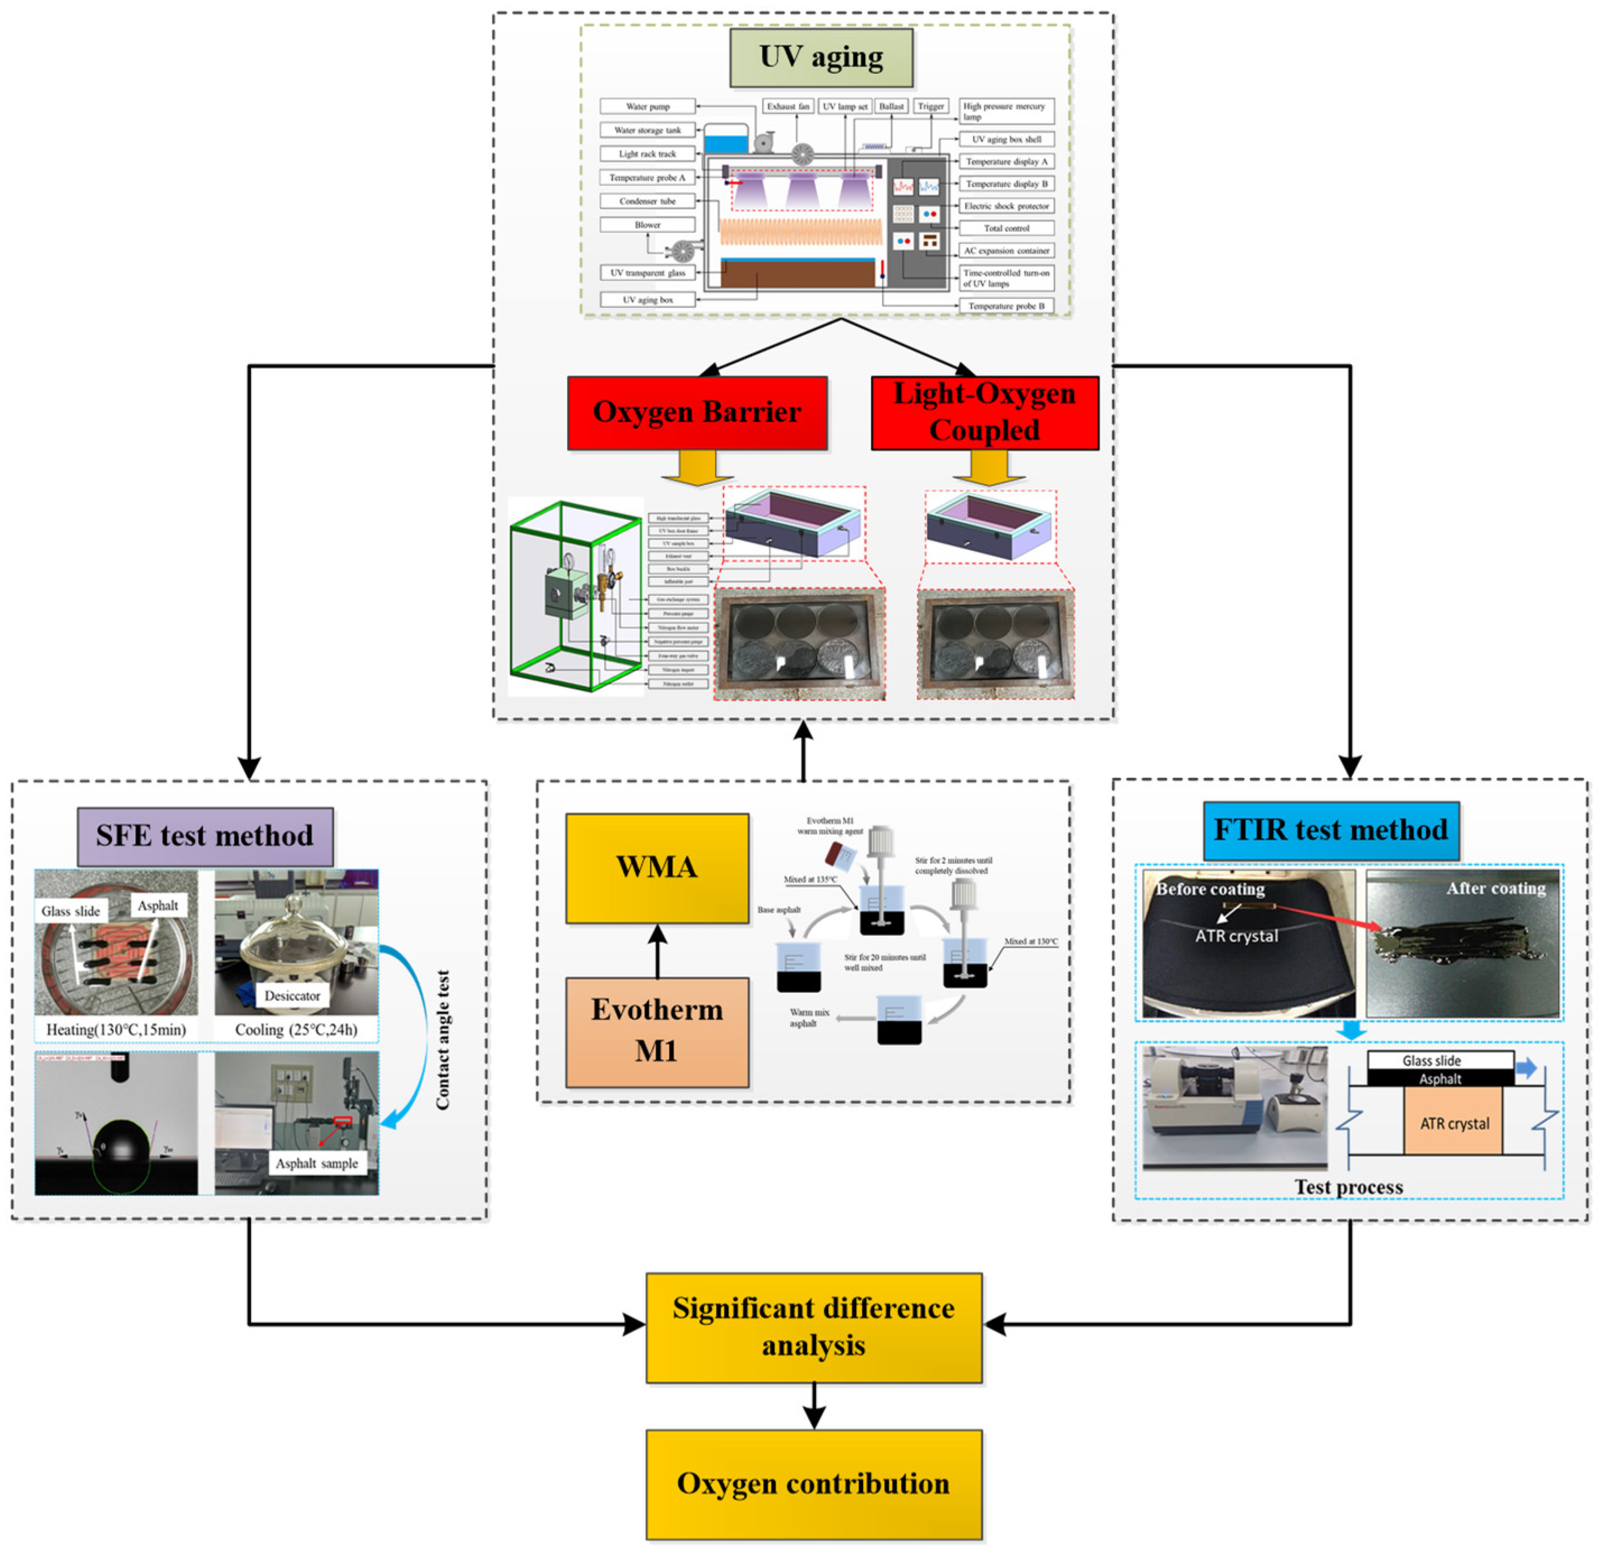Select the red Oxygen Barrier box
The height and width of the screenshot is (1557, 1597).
697,412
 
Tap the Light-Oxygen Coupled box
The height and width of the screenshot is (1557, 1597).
984,412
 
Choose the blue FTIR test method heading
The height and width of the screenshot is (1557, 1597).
1330,830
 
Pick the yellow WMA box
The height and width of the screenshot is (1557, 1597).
656,867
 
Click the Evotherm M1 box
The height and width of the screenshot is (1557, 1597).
656,1031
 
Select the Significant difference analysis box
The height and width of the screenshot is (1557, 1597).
813,1327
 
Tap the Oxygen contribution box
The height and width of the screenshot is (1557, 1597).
813,1484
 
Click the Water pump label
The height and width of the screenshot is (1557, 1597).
647,107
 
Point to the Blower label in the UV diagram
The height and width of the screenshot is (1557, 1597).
647,225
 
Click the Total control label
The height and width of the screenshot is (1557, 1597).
1006,228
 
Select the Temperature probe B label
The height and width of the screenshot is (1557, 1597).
1006,306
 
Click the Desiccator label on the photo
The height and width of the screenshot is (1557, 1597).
292,996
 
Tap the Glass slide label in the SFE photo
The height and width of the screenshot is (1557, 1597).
71,911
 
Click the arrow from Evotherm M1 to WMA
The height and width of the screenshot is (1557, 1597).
656,951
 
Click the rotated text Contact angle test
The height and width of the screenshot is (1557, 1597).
442,1039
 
